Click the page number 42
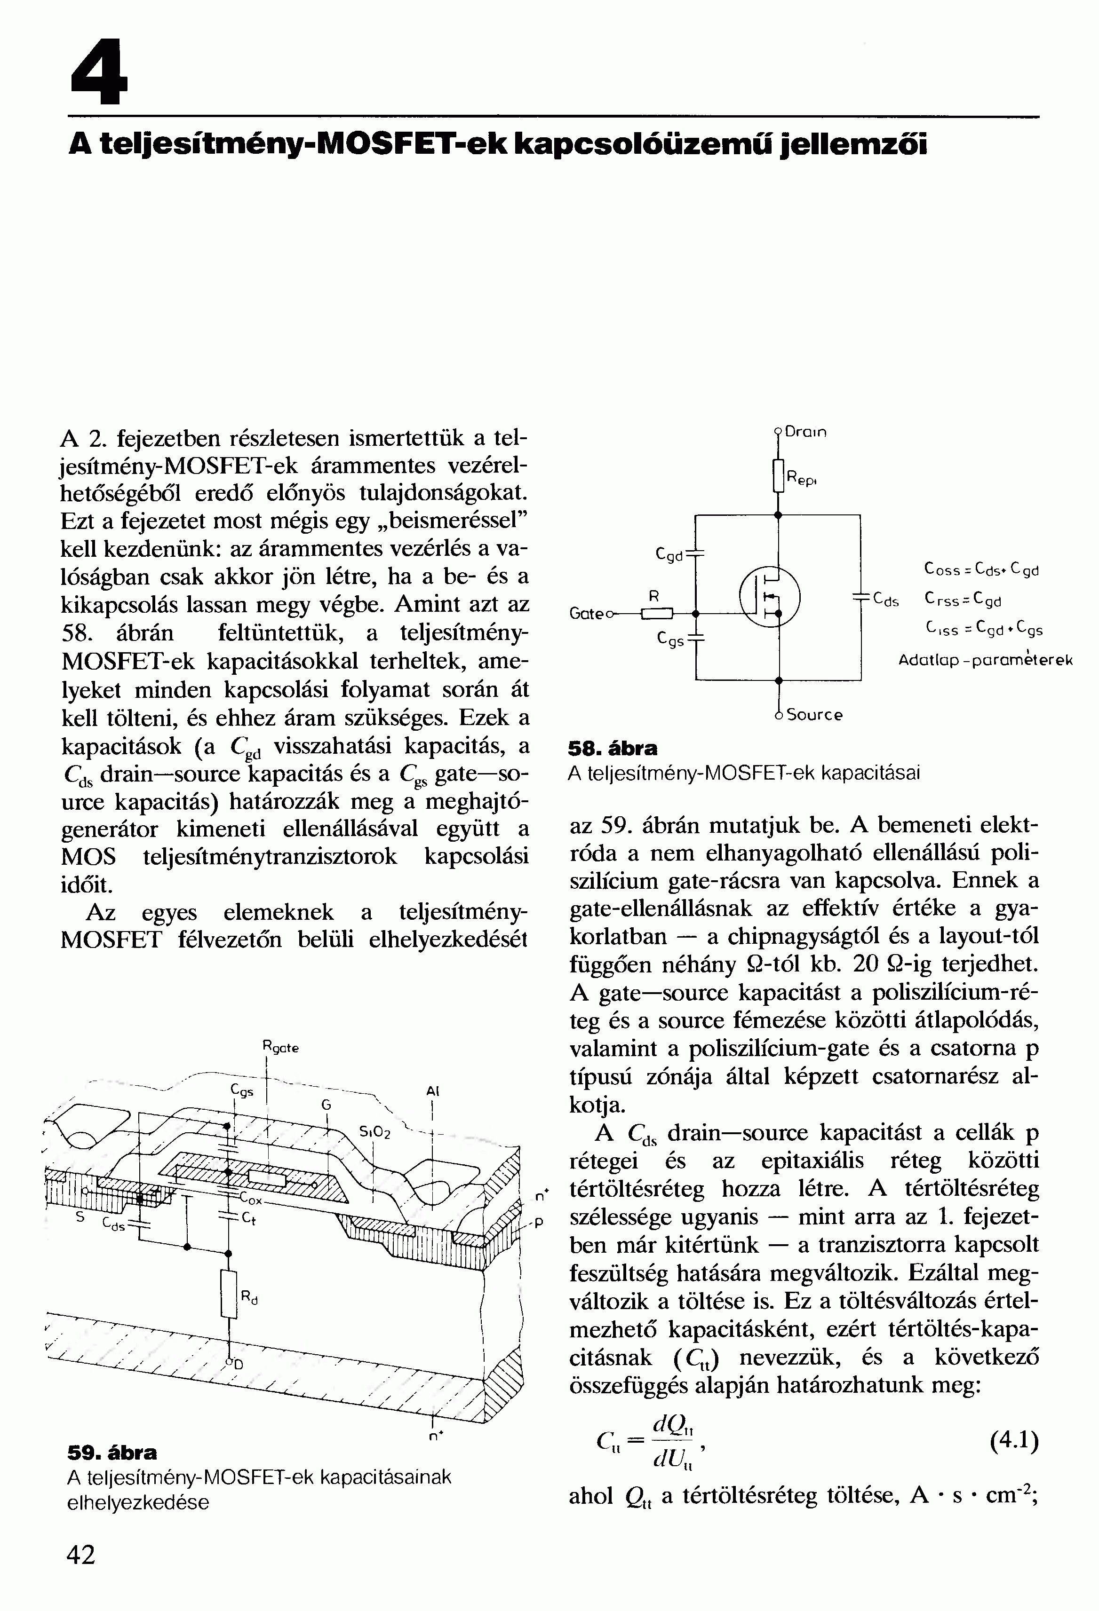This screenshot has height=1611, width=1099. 80,1555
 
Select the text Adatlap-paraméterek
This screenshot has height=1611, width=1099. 985,660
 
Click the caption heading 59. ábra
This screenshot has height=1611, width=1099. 112,1452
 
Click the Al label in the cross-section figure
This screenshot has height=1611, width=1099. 433,1091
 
